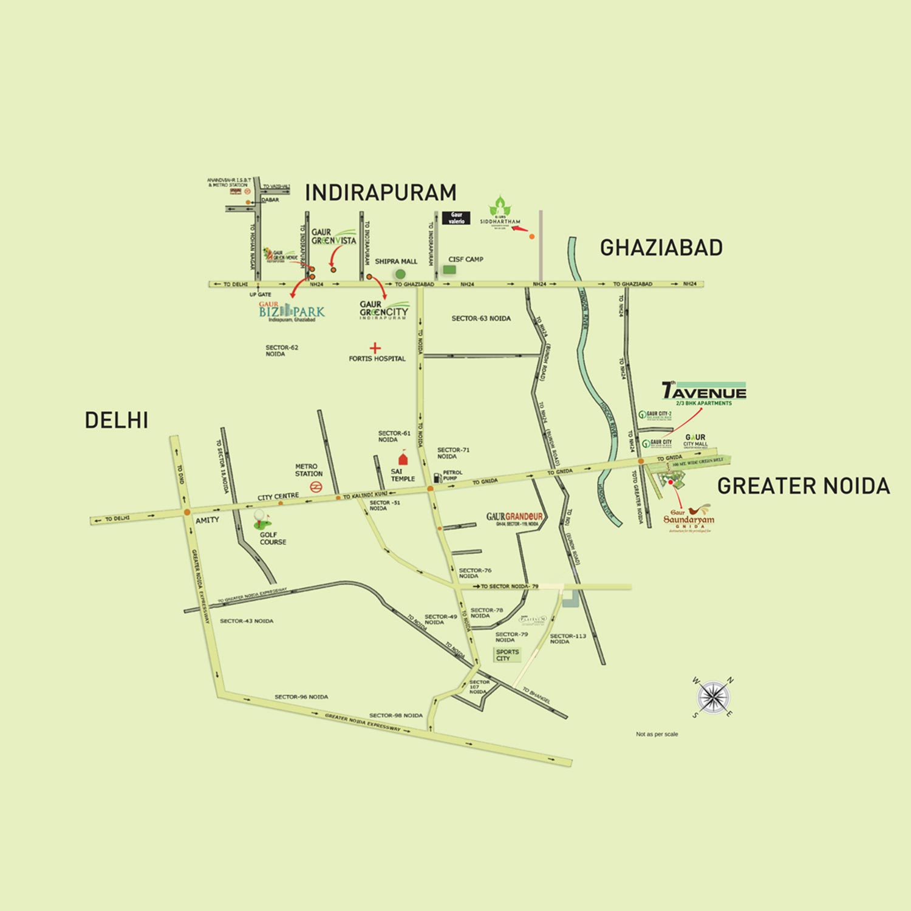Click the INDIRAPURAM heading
380,193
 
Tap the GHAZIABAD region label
661,248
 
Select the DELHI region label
116,420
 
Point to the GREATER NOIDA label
803,486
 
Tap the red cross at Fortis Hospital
375,348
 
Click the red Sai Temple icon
401,459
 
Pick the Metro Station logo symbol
315,486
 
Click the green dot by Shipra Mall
400,274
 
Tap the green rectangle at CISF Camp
449,269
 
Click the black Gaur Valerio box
457,218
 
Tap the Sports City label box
507,655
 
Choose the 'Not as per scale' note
657,734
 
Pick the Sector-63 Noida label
481,318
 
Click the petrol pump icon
437,477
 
